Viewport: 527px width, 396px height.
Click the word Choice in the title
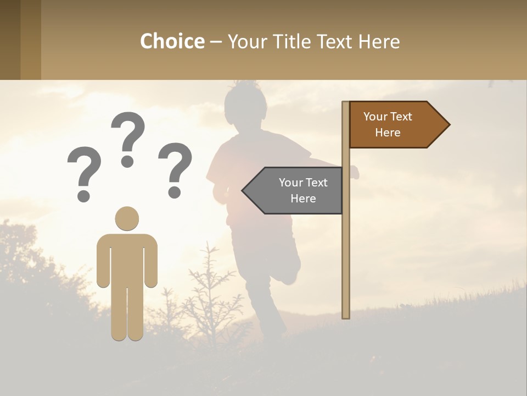tap(172, 41)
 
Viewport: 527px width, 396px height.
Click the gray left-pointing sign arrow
tap(294, 190)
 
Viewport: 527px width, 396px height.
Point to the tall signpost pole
tap(346, 248)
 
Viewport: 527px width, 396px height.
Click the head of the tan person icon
tap(127, 219)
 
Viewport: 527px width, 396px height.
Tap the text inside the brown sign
tap(388, 124)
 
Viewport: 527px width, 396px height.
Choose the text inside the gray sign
tap(303, 190)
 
